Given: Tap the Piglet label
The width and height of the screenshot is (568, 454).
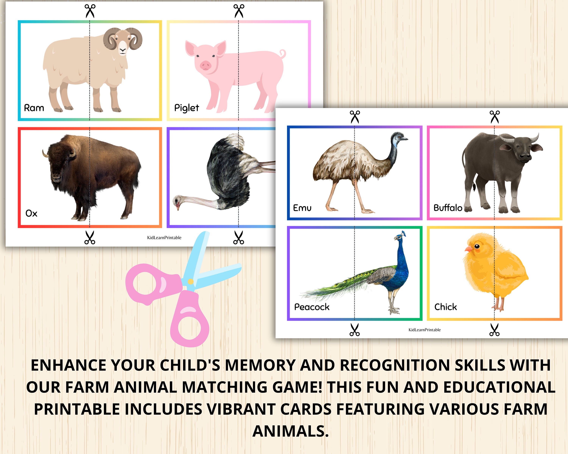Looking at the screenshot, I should click(186, 108).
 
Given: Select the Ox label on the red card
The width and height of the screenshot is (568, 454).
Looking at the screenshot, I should click(31, 213).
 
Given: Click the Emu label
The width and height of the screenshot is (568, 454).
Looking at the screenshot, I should click(302, 208).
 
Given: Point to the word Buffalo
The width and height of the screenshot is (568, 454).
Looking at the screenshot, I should click(448, 208).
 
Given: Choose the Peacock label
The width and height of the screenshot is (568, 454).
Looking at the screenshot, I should click(312, 307).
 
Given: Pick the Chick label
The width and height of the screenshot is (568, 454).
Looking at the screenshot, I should click(446, 307).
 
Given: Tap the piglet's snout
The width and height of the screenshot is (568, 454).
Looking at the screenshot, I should click(205, 65).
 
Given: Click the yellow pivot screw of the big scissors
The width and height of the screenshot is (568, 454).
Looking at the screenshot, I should click(190, 282).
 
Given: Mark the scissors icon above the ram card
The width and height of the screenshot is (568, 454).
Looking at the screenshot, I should click(90, 11).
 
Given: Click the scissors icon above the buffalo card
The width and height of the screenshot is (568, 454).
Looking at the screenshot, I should click(495, 117).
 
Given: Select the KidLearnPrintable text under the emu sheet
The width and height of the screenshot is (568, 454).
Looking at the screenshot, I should click(424, 330).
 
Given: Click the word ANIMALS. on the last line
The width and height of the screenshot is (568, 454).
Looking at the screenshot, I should click(291, 431).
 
